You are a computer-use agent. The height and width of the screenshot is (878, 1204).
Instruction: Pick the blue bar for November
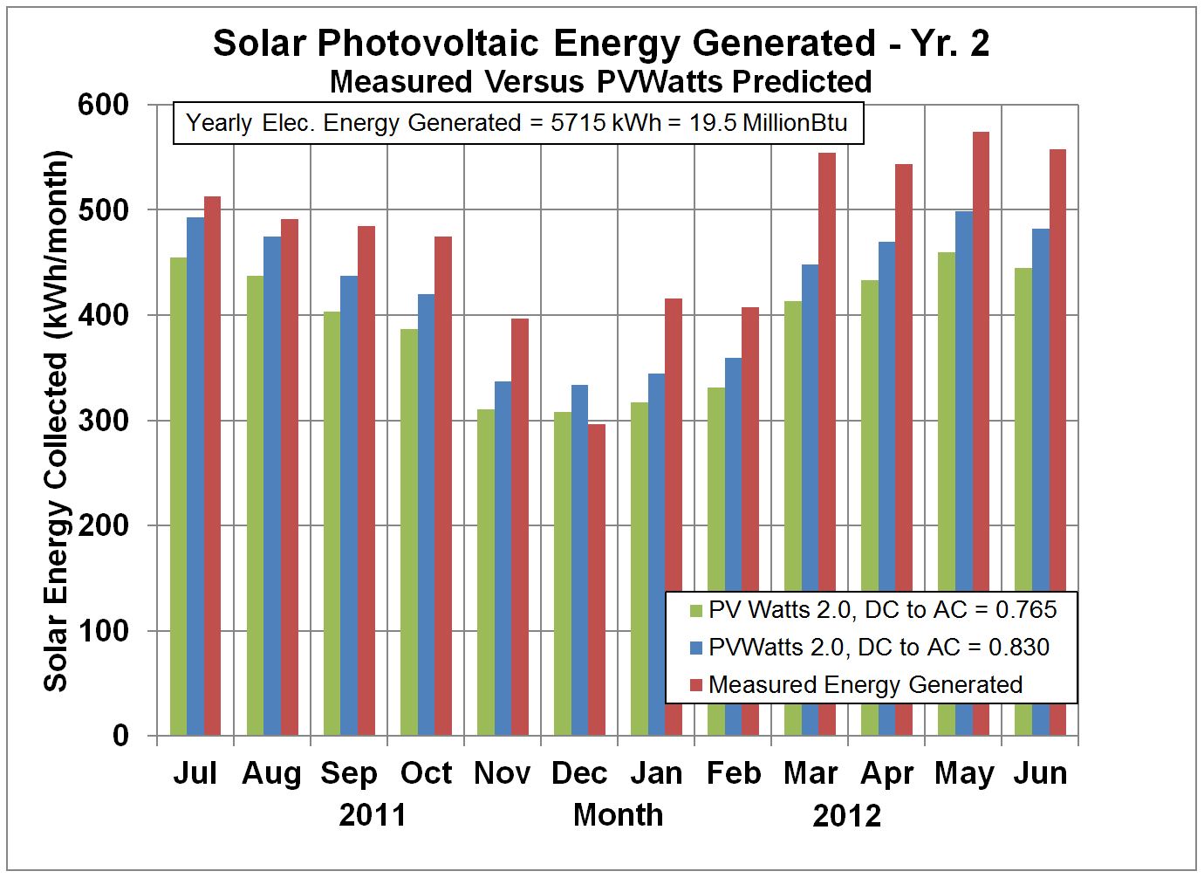point(503,558)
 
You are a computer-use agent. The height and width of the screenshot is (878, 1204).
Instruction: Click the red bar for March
point(827,367)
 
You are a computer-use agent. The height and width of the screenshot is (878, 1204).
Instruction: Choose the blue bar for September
point(349,505)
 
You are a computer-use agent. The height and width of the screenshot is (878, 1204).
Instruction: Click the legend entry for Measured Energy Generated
point(865,685)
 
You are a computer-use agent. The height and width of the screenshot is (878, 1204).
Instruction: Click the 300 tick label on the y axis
point(103,421)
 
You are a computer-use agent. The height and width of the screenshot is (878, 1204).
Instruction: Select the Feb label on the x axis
point(733,773)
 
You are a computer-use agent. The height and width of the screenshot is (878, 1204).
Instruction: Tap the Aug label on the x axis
point(271,773)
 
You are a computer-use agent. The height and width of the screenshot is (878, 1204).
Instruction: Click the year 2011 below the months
point(373,815)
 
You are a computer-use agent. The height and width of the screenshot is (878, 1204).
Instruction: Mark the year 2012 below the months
point(846,815)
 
